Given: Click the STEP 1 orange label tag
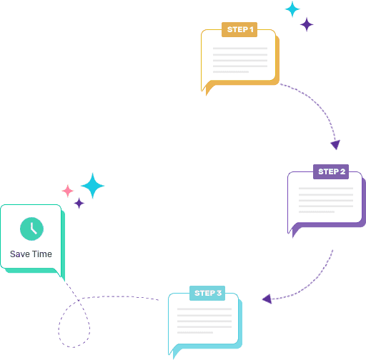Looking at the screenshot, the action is pos(239,29).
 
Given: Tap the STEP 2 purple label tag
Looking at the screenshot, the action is pos(331,171).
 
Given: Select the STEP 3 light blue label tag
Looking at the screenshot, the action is pos(207,293).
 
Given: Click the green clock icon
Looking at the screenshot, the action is pos(31,229).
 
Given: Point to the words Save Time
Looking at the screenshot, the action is pos(31,254).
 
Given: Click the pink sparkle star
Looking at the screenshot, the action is pos(68,191).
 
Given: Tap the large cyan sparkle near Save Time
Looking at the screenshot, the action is pos(93,186).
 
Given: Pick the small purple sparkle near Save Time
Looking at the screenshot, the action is pos(79,204).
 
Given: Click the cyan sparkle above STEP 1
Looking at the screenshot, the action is pos(292,9).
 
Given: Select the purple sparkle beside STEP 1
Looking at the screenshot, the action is pos(307,24).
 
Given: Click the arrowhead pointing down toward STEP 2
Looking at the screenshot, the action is pos(335,144).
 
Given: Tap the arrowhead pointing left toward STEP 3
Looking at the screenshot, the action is pos(267,299).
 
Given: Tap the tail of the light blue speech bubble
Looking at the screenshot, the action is pos(174,351).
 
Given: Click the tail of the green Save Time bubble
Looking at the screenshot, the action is pos(61,274).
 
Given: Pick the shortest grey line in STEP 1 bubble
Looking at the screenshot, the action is pos(231,72).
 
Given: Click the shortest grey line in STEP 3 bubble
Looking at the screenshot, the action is pos(195,333).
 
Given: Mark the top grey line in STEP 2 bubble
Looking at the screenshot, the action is pos(326,189).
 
